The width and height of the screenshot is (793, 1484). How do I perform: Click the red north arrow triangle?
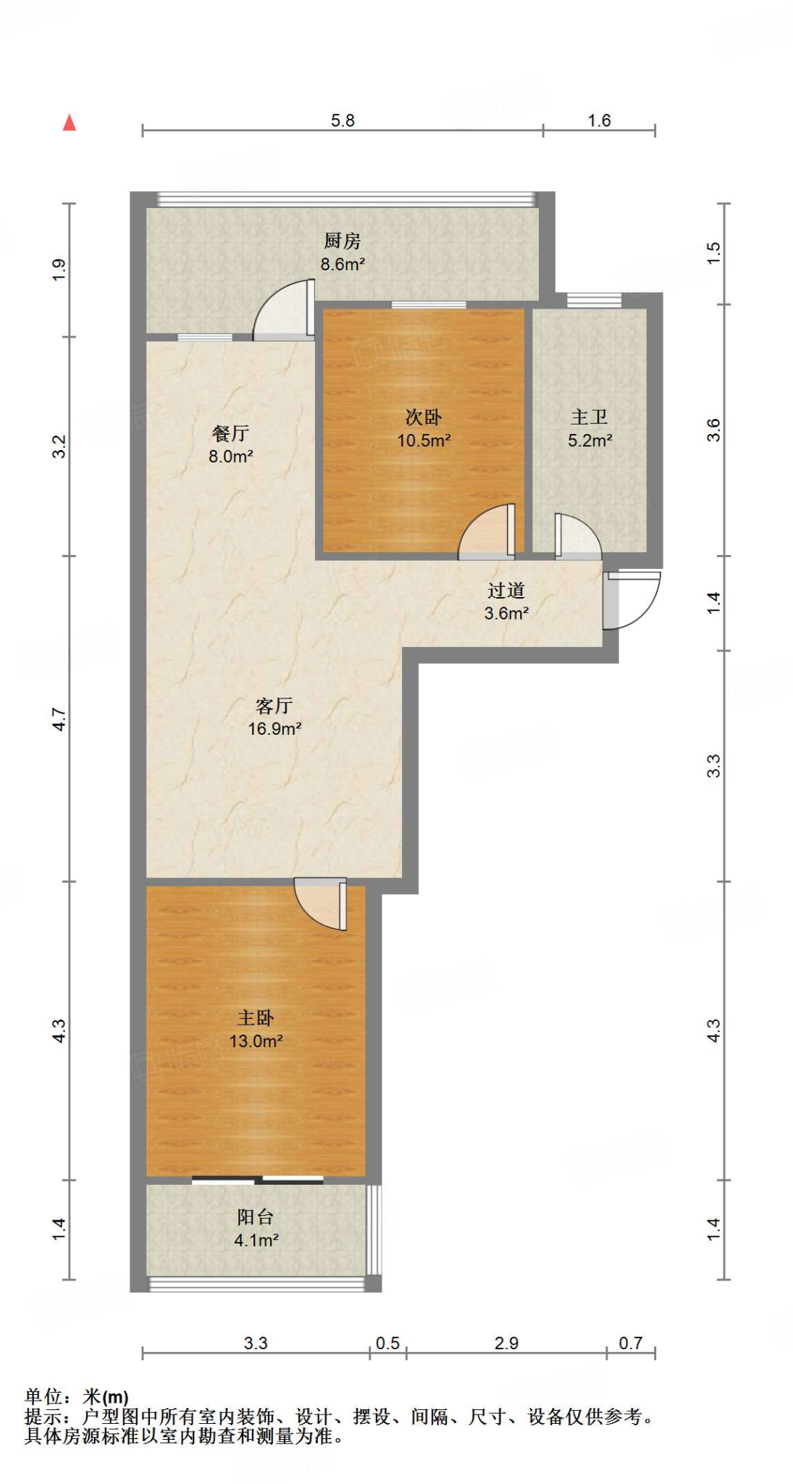[x=70, y=123]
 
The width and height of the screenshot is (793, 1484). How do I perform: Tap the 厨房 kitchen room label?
[x=342, y=241]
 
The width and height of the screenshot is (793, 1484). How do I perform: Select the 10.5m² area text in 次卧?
[x=424, y=441]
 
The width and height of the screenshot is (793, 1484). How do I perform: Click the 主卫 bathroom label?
[x=589, y=417]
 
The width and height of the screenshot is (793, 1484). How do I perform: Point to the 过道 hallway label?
[x=505, y=591]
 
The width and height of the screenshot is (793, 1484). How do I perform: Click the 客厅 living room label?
[x=274, y=706]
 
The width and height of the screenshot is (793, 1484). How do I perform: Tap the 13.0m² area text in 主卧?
[x=256, y=1041]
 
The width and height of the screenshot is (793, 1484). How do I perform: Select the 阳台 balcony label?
[x=256, y=1217]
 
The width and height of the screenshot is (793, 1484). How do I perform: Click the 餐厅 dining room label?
[x=230, y=433]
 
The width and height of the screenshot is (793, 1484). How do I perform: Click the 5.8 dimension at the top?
[x=343, y=120]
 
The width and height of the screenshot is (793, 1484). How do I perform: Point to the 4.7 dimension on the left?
[x=59, y=719]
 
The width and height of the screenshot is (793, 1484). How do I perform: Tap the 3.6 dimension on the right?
[x=714, y=430]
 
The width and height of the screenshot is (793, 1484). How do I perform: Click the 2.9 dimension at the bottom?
[x=506, y=1343]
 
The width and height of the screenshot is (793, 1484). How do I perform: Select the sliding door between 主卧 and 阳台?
[x=258, y=1180]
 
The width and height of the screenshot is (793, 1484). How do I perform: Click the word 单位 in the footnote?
[x=43, y=1396]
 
